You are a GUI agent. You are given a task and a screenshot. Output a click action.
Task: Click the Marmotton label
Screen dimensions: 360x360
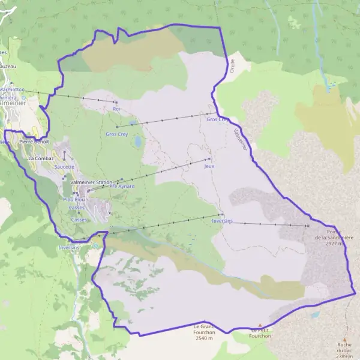[12, 89]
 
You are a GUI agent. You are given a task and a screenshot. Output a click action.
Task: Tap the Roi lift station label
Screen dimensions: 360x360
[116, 109]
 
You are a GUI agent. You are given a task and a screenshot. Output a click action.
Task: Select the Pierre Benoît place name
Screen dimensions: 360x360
[34, 141]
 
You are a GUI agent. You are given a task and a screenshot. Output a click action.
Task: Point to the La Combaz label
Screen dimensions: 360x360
[40, 158]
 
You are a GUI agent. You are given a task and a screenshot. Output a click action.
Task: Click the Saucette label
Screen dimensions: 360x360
[64, 167]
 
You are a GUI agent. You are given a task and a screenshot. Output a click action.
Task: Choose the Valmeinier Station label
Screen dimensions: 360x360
[91, 182]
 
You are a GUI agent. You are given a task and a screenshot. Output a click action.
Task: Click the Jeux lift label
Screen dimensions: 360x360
[209, 166]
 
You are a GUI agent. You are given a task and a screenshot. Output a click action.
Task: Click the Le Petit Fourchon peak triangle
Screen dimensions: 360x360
[260, 325]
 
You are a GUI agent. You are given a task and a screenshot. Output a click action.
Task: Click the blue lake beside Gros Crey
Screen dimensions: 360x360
[138, 142]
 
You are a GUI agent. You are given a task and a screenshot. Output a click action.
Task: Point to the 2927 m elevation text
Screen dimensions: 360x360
[333, 244]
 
